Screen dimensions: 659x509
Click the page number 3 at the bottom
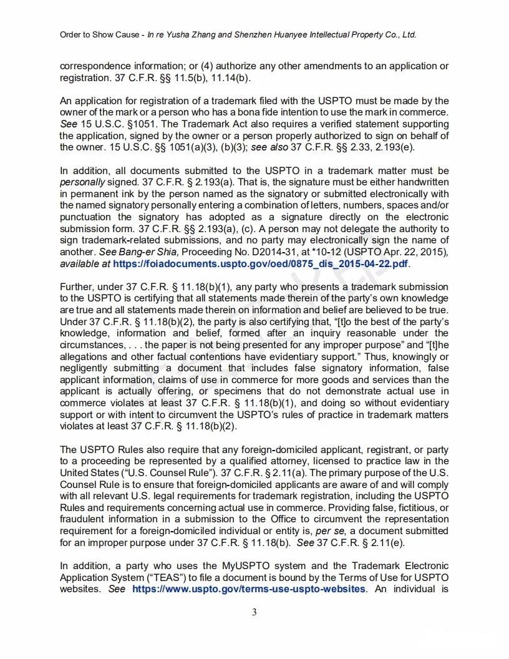pos(254,612)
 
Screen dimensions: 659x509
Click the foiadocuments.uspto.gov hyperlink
pos(261,264)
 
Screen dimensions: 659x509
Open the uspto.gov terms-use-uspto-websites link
pos(248,589)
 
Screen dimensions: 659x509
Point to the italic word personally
pos(82,182)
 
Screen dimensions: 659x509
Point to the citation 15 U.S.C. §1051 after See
pos(114,124)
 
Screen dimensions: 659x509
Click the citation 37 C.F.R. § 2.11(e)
pos(353,542)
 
